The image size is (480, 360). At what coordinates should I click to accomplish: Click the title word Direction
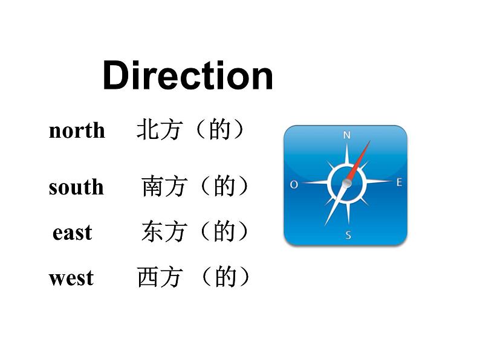pos(187,76)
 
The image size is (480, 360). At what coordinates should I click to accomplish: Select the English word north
pos(77,130)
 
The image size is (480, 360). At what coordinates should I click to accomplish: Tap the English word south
pos(76,187)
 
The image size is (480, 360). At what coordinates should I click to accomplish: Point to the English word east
pos(73,233)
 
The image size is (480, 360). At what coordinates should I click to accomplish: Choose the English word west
pos(71,278)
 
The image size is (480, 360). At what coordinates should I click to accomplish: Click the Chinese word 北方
pos(159,130)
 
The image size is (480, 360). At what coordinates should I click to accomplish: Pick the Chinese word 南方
pos(164,187)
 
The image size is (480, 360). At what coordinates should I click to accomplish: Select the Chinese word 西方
pos(159,278)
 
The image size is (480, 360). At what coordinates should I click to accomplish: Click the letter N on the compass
pos(346,135)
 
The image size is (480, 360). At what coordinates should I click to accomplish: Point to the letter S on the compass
pos(348,235)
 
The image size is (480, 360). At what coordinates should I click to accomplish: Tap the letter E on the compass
pos(398,182)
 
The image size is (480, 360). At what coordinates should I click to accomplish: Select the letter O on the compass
pos(294,184)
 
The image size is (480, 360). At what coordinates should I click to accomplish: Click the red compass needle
pos(358,161)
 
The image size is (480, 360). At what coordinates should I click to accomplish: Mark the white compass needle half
pos(336,202)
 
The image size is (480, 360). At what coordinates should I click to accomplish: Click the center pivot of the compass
pos(347,182)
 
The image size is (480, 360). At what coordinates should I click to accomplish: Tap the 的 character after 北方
pos(219,130)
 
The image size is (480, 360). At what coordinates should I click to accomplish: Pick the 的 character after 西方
pos(225,278)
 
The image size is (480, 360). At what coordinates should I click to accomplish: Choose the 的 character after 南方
pos(224,187)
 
